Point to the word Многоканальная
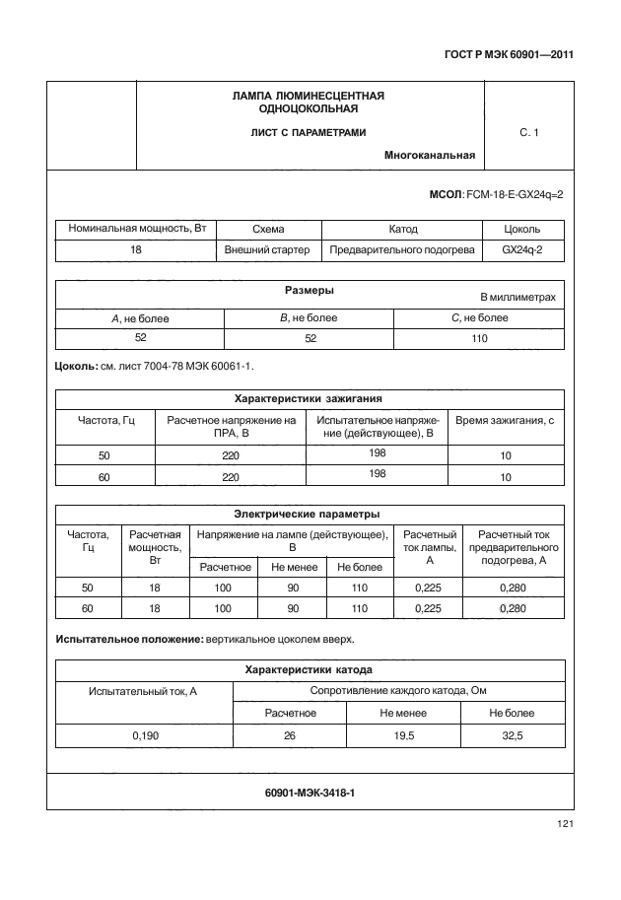[430, 155]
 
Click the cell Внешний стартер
[267, 250]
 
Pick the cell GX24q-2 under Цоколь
[521, 250]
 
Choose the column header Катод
[403, 229]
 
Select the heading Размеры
[309, 291]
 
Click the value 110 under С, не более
[480, 338]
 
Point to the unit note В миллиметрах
[517, 297]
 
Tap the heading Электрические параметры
[308, 514]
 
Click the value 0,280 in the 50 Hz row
[515, 587]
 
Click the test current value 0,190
[144, 734]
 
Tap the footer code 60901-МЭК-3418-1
[310, 792]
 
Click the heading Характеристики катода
[309, 669]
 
